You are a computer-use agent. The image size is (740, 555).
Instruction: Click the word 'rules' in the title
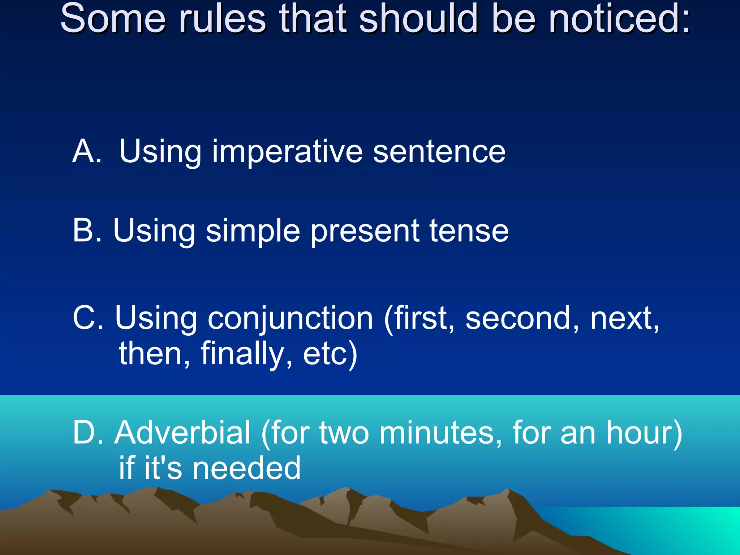(222, 19)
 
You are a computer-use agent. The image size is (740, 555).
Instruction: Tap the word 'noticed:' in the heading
(619, 19)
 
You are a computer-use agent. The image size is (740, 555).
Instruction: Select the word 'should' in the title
(418, 19)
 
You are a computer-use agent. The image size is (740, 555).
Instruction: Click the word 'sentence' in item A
(439, 152)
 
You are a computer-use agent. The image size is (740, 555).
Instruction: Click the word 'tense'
(469, 231)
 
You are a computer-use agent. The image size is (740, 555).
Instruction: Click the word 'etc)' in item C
(330, 354)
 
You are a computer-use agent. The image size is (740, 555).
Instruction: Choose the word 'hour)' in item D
(644, 433)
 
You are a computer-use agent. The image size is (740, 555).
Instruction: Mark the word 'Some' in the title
(112, 19)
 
